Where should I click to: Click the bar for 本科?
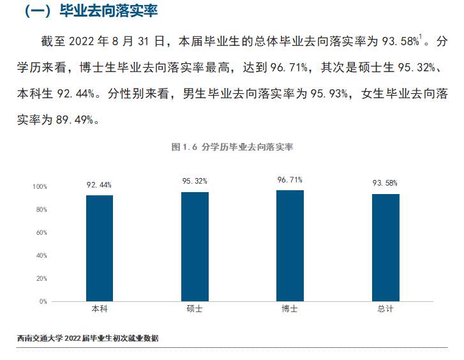pos(100,248)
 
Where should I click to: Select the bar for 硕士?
pos(195,246)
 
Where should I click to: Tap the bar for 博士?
pos(290,245)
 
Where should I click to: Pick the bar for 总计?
pos(385,247)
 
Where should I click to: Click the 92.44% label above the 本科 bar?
pos(100,185)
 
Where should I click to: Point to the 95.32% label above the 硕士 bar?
pos(195,181)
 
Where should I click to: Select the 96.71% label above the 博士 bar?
pos(290,180)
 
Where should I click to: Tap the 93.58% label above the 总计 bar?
pos(385,184)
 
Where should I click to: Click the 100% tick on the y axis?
pos(40,187)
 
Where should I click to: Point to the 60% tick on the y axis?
pos(41,233)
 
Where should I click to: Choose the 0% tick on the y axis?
pos(43,301)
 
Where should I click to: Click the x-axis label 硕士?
pos(195,309)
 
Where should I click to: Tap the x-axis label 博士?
pos(290,309)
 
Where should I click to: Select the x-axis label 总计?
pos(385,309)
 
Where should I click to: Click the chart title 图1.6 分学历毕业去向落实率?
pos(232,147)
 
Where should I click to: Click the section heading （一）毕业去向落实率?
pos(90,11)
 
